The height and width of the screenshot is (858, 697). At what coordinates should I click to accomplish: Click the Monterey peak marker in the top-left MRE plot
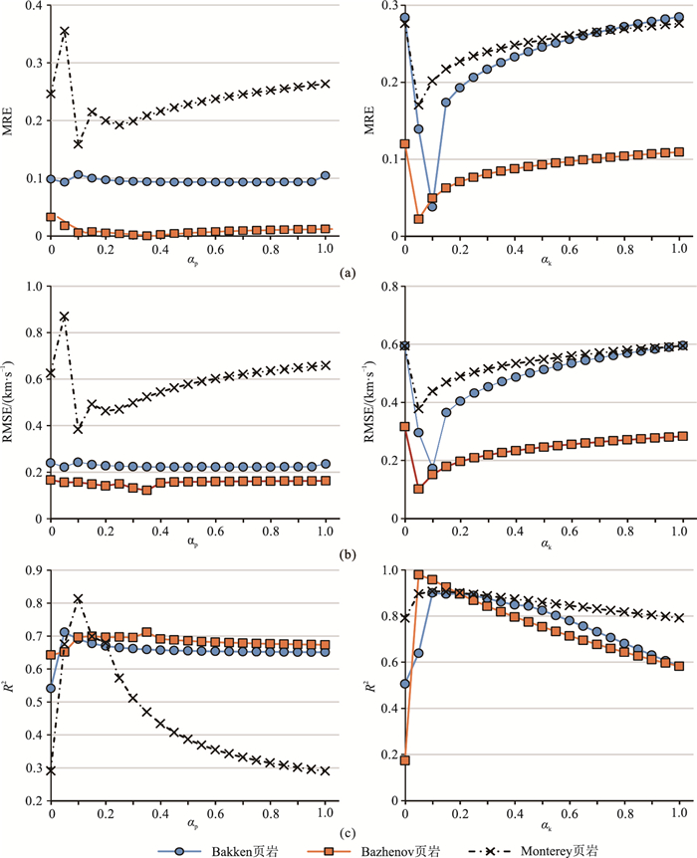coord(65,32)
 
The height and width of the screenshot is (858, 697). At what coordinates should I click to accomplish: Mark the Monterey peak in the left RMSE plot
coord(65,317)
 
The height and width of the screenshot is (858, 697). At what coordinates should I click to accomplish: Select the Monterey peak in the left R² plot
coord(78,599)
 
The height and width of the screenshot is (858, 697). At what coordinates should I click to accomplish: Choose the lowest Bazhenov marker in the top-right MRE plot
coord(419,219)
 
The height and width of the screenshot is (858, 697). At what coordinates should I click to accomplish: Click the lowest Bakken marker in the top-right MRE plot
coord(432,207)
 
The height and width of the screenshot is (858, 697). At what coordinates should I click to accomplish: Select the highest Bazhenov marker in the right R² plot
coord(419,575)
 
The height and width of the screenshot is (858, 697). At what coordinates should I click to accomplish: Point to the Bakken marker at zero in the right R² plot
coord(405,684)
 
